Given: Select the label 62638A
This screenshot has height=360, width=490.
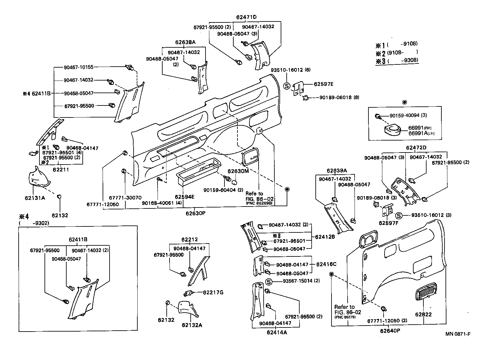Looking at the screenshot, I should click(185, 42).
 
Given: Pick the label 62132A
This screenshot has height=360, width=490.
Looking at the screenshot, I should click(192, 325).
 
